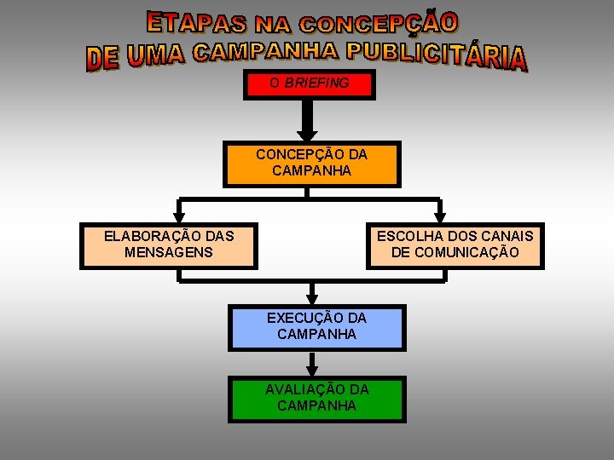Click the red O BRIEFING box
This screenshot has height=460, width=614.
pos(309,84)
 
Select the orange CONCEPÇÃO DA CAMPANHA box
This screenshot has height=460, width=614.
pos(311,164)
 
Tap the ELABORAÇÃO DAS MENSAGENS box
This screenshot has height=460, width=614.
pos(169,245)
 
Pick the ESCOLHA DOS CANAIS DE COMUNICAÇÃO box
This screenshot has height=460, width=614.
pos(455,245)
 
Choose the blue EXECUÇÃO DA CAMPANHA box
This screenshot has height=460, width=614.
pos(316,327)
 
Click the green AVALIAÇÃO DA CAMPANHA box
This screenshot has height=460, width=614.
pos(316,399)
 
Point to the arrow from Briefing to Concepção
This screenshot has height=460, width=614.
pos(308,119)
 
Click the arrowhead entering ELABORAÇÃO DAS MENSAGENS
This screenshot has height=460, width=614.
pos(178,217)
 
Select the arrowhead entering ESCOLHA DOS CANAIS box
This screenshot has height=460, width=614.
pos(439,217)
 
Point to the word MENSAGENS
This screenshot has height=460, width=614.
pos(168,252)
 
